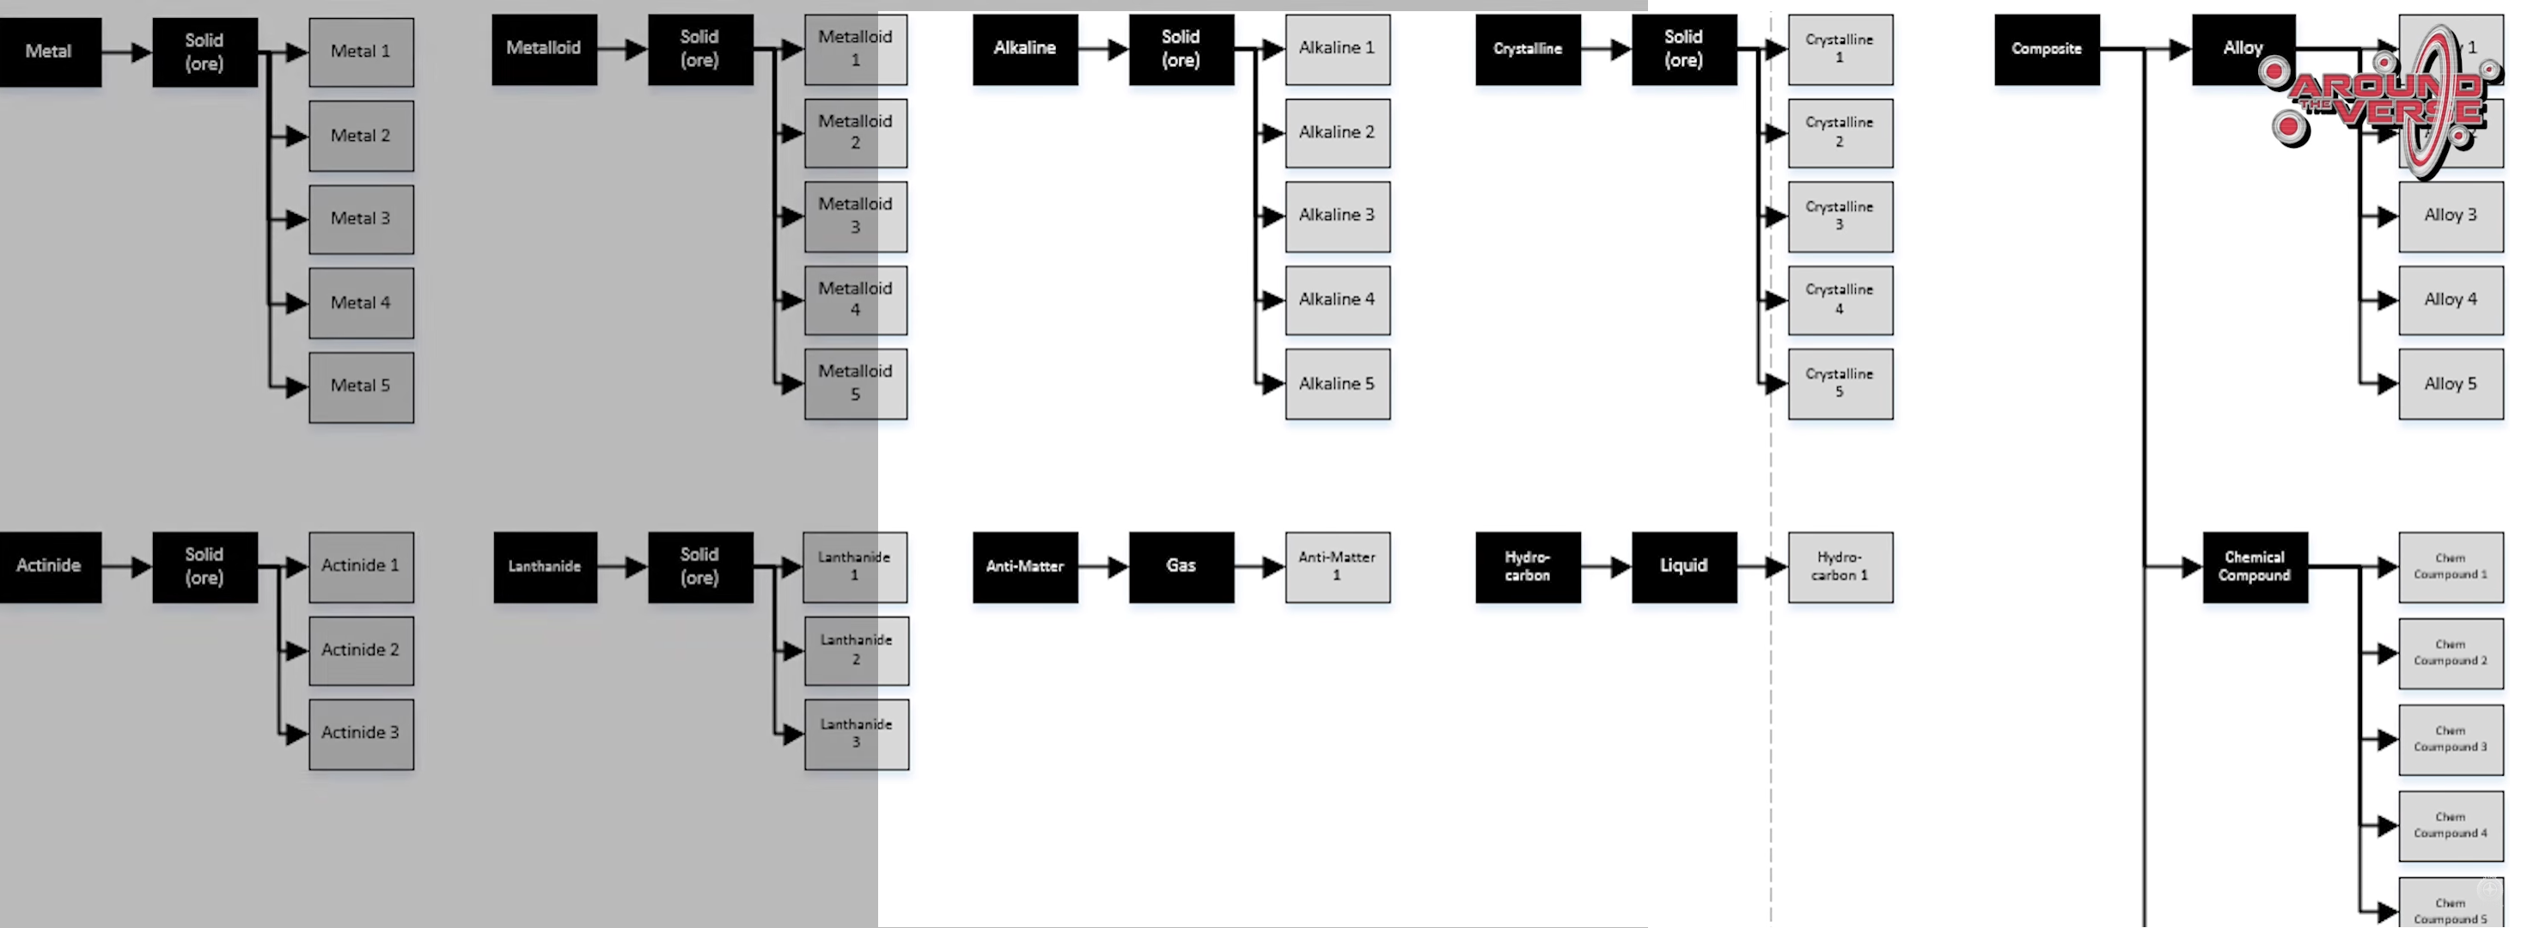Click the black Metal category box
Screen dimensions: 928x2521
(49, 52)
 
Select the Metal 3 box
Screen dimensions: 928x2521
(361, 219)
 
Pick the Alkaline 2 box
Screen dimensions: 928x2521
(1337, 133)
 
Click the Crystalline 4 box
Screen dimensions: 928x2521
(1840, 301)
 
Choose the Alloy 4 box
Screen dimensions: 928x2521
(2451, 301)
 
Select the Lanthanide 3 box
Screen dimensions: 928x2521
(857, 734)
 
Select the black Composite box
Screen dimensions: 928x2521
(2047, 49)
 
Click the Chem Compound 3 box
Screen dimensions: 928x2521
(2451, 740)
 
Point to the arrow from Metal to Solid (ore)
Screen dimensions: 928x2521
(127, 52)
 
